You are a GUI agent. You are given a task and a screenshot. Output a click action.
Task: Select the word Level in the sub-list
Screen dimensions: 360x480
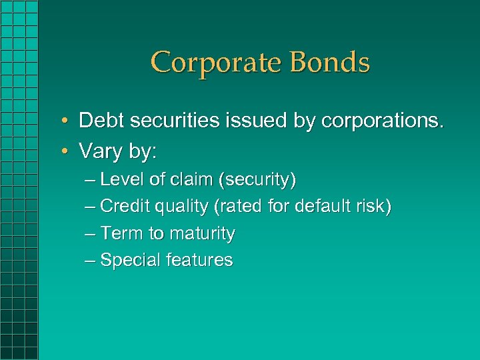pos(118,180)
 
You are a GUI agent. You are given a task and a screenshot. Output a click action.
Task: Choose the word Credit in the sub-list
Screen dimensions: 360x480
pos(124,207)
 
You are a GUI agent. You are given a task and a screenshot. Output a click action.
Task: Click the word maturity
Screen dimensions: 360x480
pos(203,234)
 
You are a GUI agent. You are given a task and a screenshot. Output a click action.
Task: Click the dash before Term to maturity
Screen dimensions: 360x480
pos(91,234)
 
